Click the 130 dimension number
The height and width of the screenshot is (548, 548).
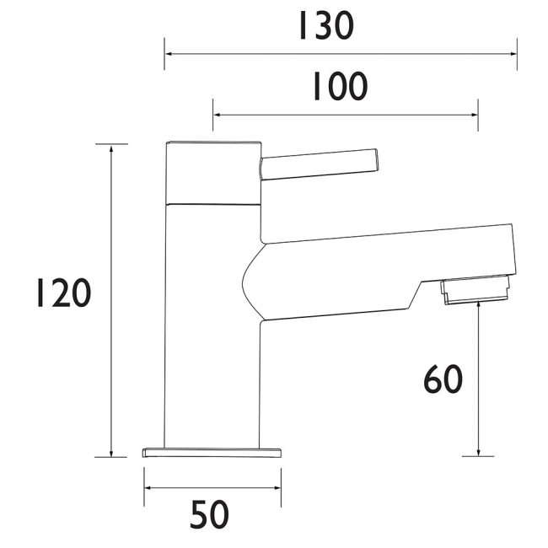click(325, 27)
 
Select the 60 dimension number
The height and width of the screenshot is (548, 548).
click(442, 379)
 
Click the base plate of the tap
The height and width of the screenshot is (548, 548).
click(212, 452)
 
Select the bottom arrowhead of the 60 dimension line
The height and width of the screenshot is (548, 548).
click(478, 451)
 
